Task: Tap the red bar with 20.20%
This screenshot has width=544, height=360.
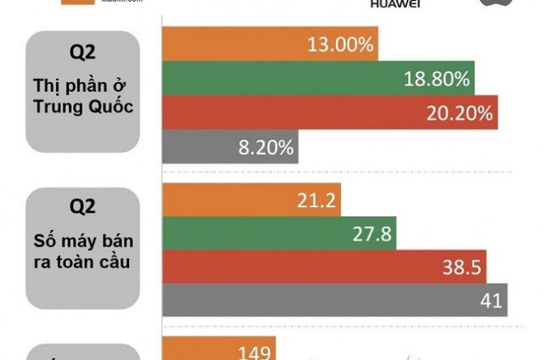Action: click(x=330, y=113)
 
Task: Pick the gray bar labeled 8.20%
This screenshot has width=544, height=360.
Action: click(x=230, y=147)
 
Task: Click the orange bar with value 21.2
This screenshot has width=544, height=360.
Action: click(x=251, y=200)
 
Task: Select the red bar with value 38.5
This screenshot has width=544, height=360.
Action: click(x=324, y=267)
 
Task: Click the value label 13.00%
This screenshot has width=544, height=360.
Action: click(x=340, y=44)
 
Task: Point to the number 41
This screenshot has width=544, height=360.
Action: click(x=491, y=300)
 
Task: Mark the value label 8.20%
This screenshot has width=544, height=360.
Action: click(x=265, y=147)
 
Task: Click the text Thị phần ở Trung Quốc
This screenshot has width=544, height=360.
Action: click(x=83, y=95)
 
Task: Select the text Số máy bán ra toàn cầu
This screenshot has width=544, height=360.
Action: click(x=83, y=252)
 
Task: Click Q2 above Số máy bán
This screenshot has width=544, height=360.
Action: click(x=83, y=208)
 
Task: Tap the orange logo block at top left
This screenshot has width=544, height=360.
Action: click(x=79, y=2)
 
